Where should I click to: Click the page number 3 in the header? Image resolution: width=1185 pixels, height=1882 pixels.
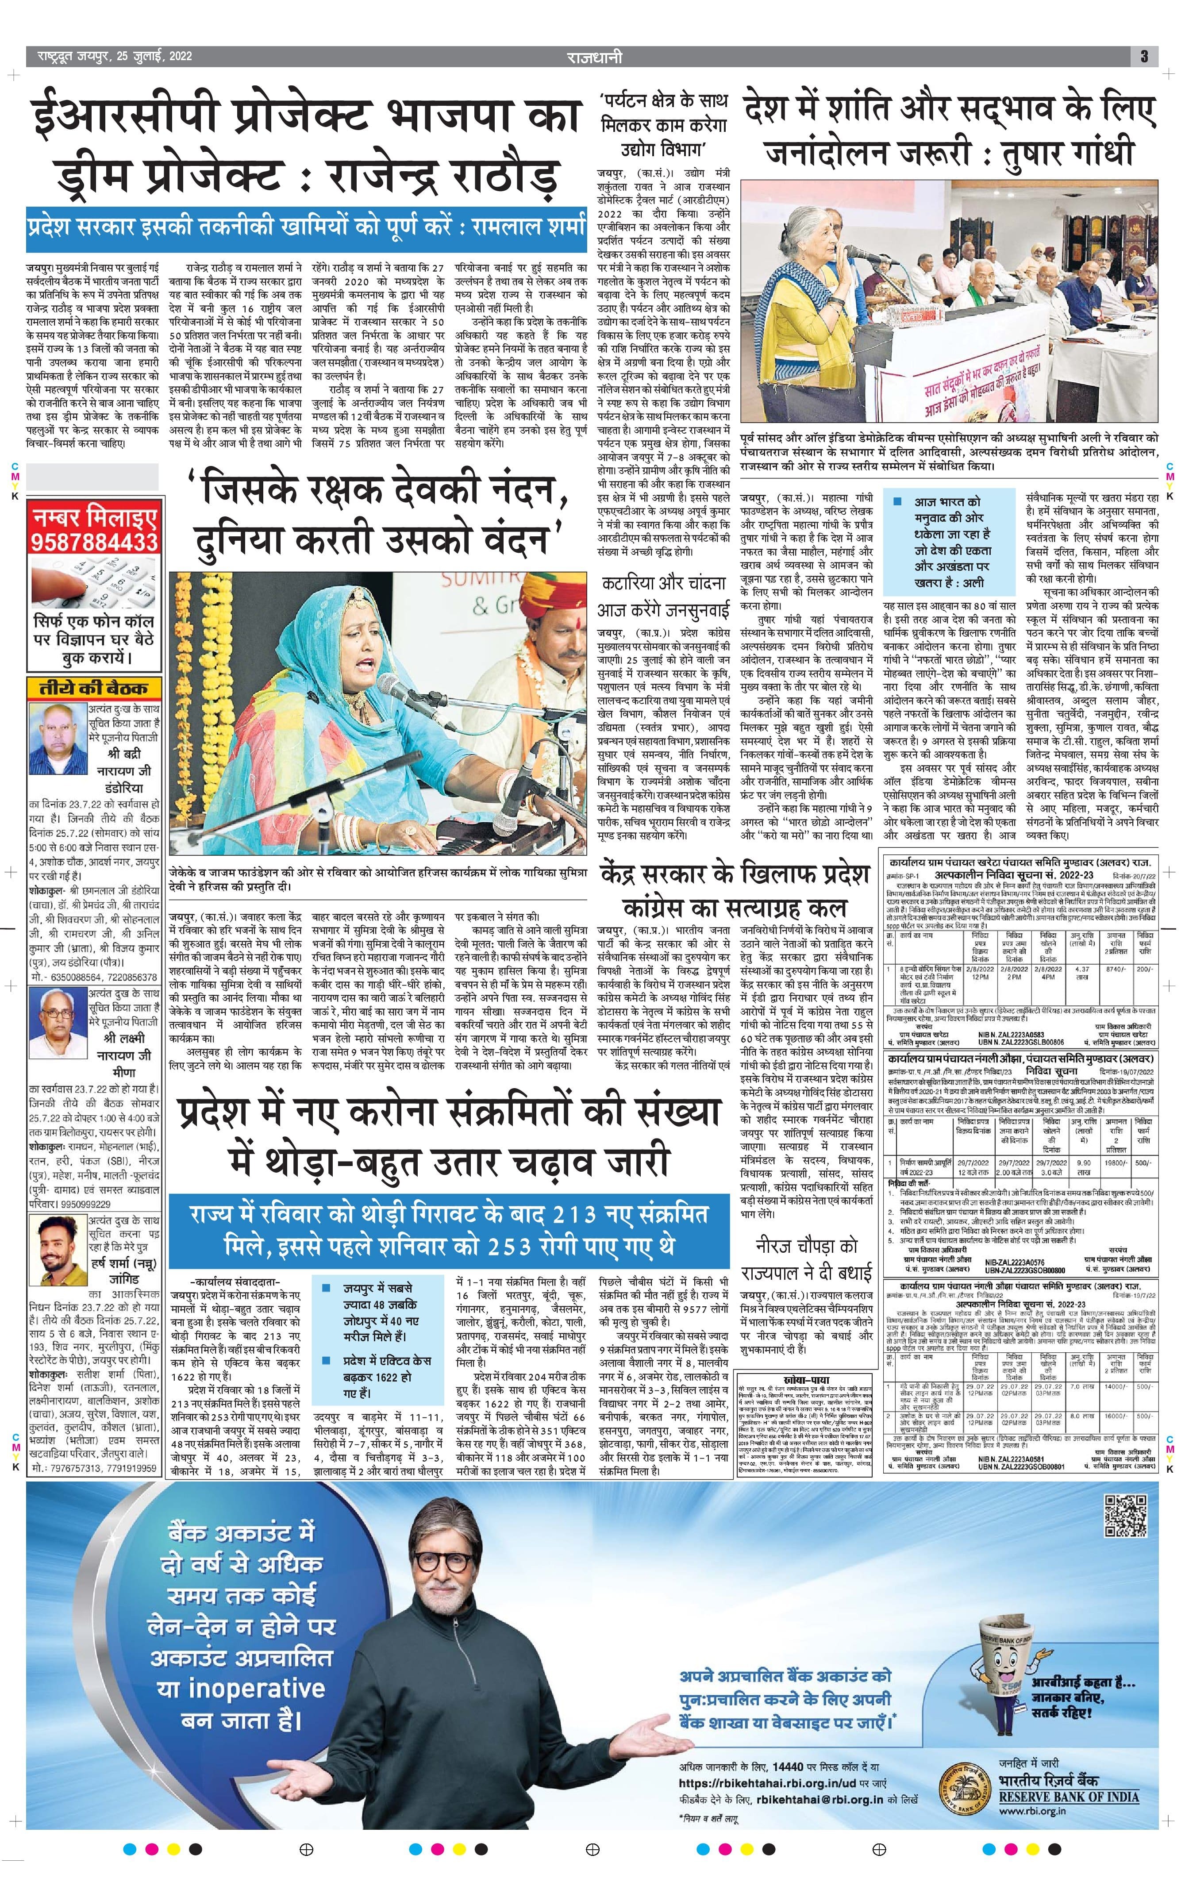pos(1143,56)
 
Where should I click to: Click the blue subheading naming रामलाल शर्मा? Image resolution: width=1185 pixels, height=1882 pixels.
pos(305,227)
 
